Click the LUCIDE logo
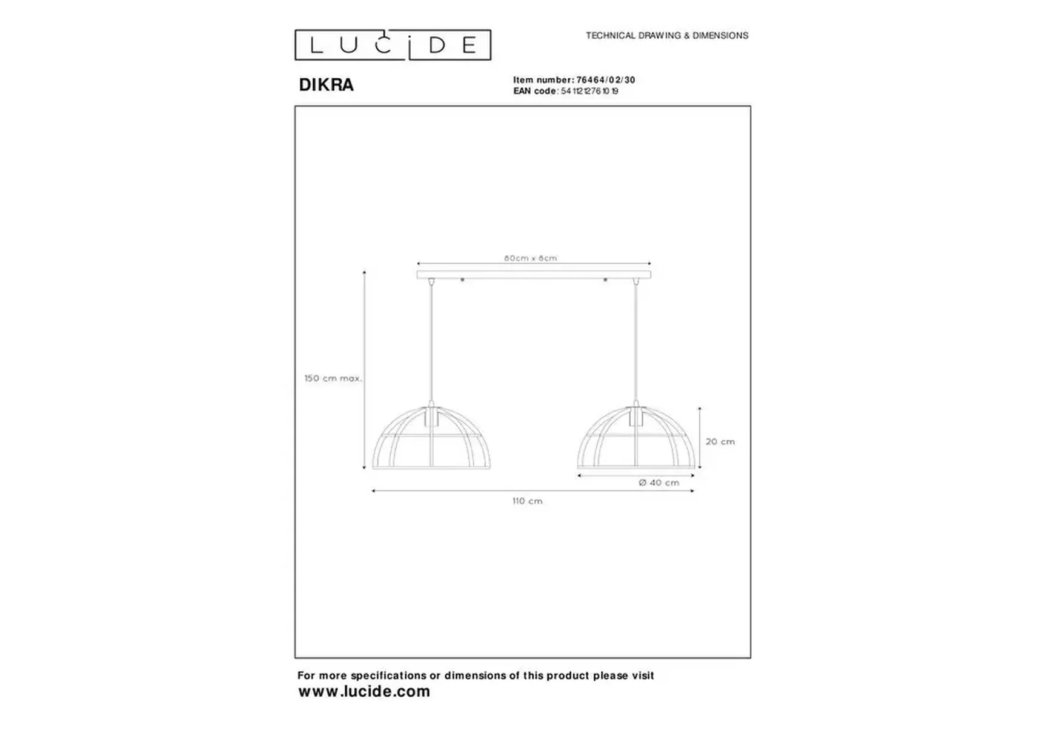(x=393, y=45)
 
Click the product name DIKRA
(x=326, y=85)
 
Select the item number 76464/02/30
(x=606, y=80)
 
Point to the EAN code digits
(x=589, y=91)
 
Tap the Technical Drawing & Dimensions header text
(x=667, y=36)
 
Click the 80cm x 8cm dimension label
(x=531, y=258)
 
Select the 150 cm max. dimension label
(x=333, y=378)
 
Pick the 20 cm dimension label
(x=720, y=441)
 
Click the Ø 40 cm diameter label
(x=659, y=483)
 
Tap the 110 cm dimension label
(x=528, y=501)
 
